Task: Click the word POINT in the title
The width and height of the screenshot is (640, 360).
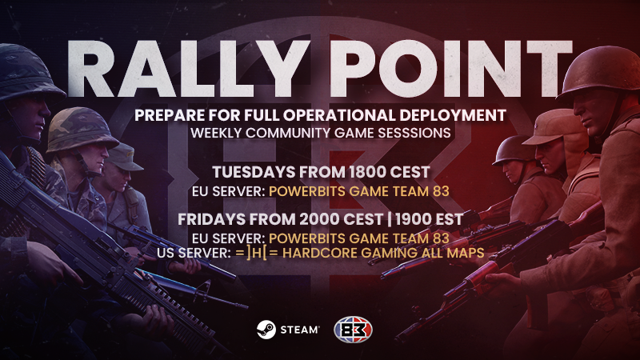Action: [451, 68]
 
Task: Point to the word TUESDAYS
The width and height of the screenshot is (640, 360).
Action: [254, 172]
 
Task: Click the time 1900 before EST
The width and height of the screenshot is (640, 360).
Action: [414, 219]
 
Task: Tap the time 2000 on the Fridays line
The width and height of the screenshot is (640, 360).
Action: [319, 219]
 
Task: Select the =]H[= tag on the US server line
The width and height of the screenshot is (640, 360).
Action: [256, 253]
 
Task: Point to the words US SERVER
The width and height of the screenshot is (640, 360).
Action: [194, 253]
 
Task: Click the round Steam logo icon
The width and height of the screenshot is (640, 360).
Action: [266, 330]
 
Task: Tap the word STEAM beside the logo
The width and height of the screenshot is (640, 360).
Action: [299, 330]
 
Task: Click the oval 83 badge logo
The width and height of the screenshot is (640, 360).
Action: [353, 330]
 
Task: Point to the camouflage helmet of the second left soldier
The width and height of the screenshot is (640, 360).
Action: [82, 129]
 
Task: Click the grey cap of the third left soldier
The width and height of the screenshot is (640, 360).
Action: [123, 157]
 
